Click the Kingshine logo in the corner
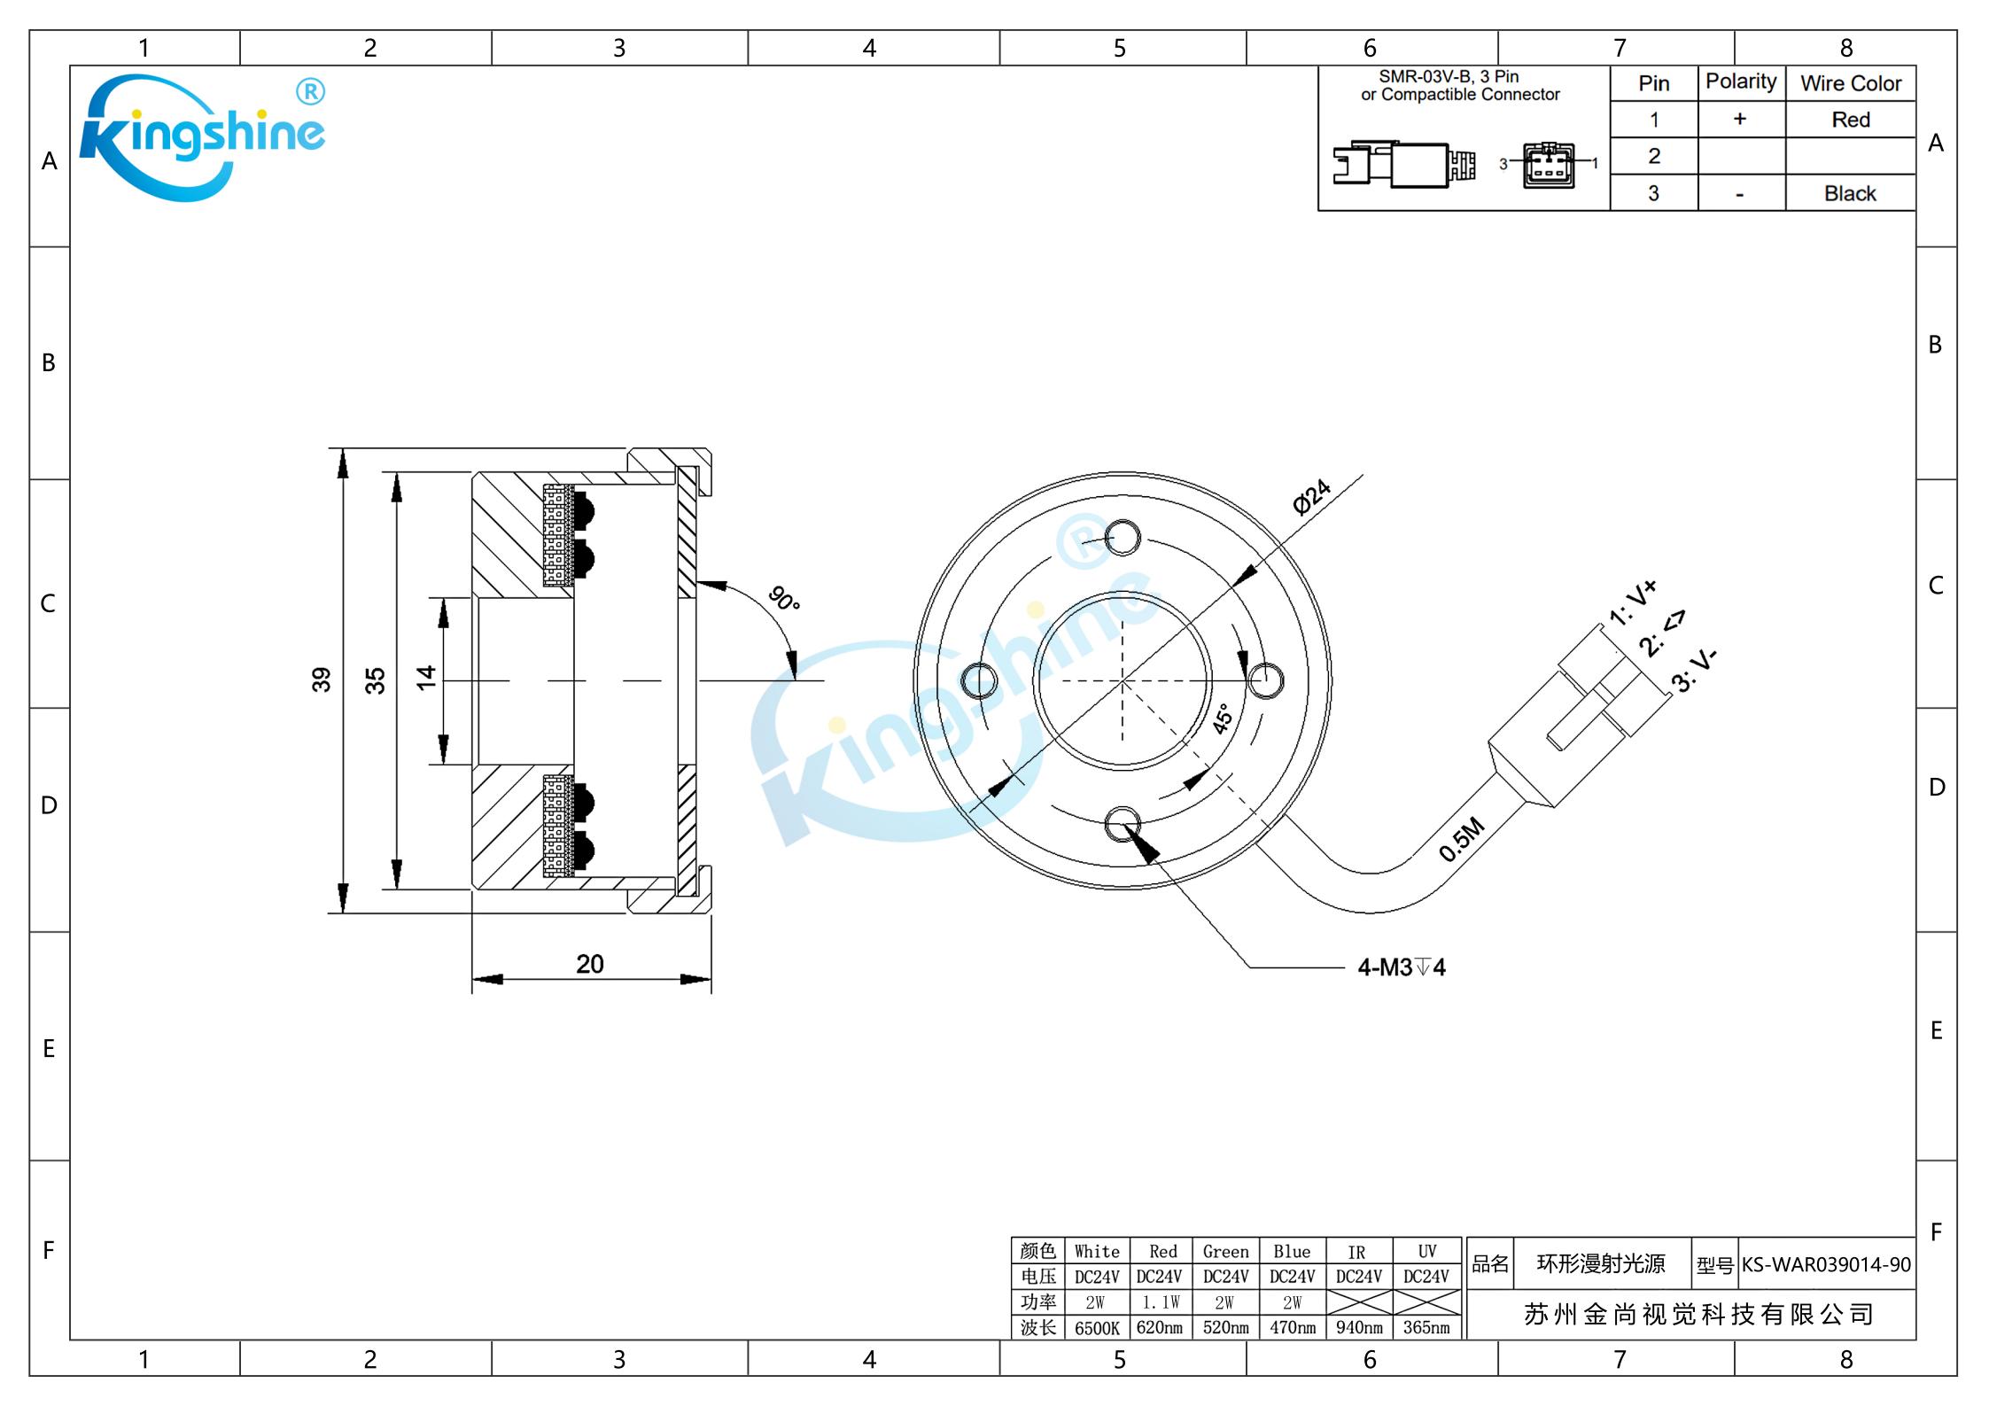pyautogui.click(x=202, y=137)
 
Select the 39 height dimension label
pyautogui.click(x=321, y=680)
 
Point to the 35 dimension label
pyautogui.click(x=375, y=680)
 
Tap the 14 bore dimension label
pyautogui.click(x=426, y=678)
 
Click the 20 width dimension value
pyautogui.click(x=590, y=965)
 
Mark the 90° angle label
pyautogui.click(x=784, y=599)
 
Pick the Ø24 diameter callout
pyautogui.click(x=1311, y=497)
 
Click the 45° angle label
pyautogui.click(x=1223, y=719)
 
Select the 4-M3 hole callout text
pyautogui.click(x=1402, y=967)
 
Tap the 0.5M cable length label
pyautogui.click(x=1461, y=840)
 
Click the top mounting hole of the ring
pyautogui.click(x=1123, y=538)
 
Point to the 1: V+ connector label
pyautogui.click(x=1632, y=603)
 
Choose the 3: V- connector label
pyautogui.click(x=1694, y=671)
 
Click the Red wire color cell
pyautogui.click(x=1850, y=120)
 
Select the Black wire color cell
pyautogui.click(x=1850, y=193)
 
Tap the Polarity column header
pyautogui.click(x=1741, y=82)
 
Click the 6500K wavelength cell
pyautogui.click(x=1097, y=1328)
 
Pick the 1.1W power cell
pyautogui.click(x=1160, y=1302)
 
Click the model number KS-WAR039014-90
pyautogui.click(x=1826, y=1264)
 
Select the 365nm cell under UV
pyautogui.click(x=1426, y=1328)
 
